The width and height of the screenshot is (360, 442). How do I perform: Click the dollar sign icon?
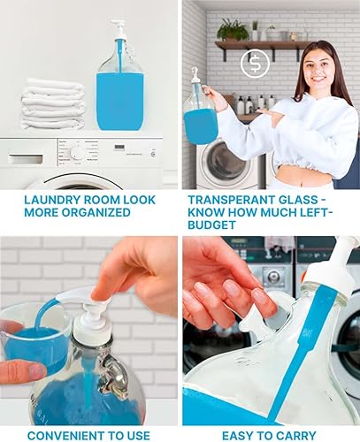tap(256, 64)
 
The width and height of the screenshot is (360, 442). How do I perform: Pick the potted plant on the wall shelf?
tap(233, 30)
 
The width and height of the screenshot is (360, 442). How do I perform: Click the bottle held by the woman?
tap(201, 117)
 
